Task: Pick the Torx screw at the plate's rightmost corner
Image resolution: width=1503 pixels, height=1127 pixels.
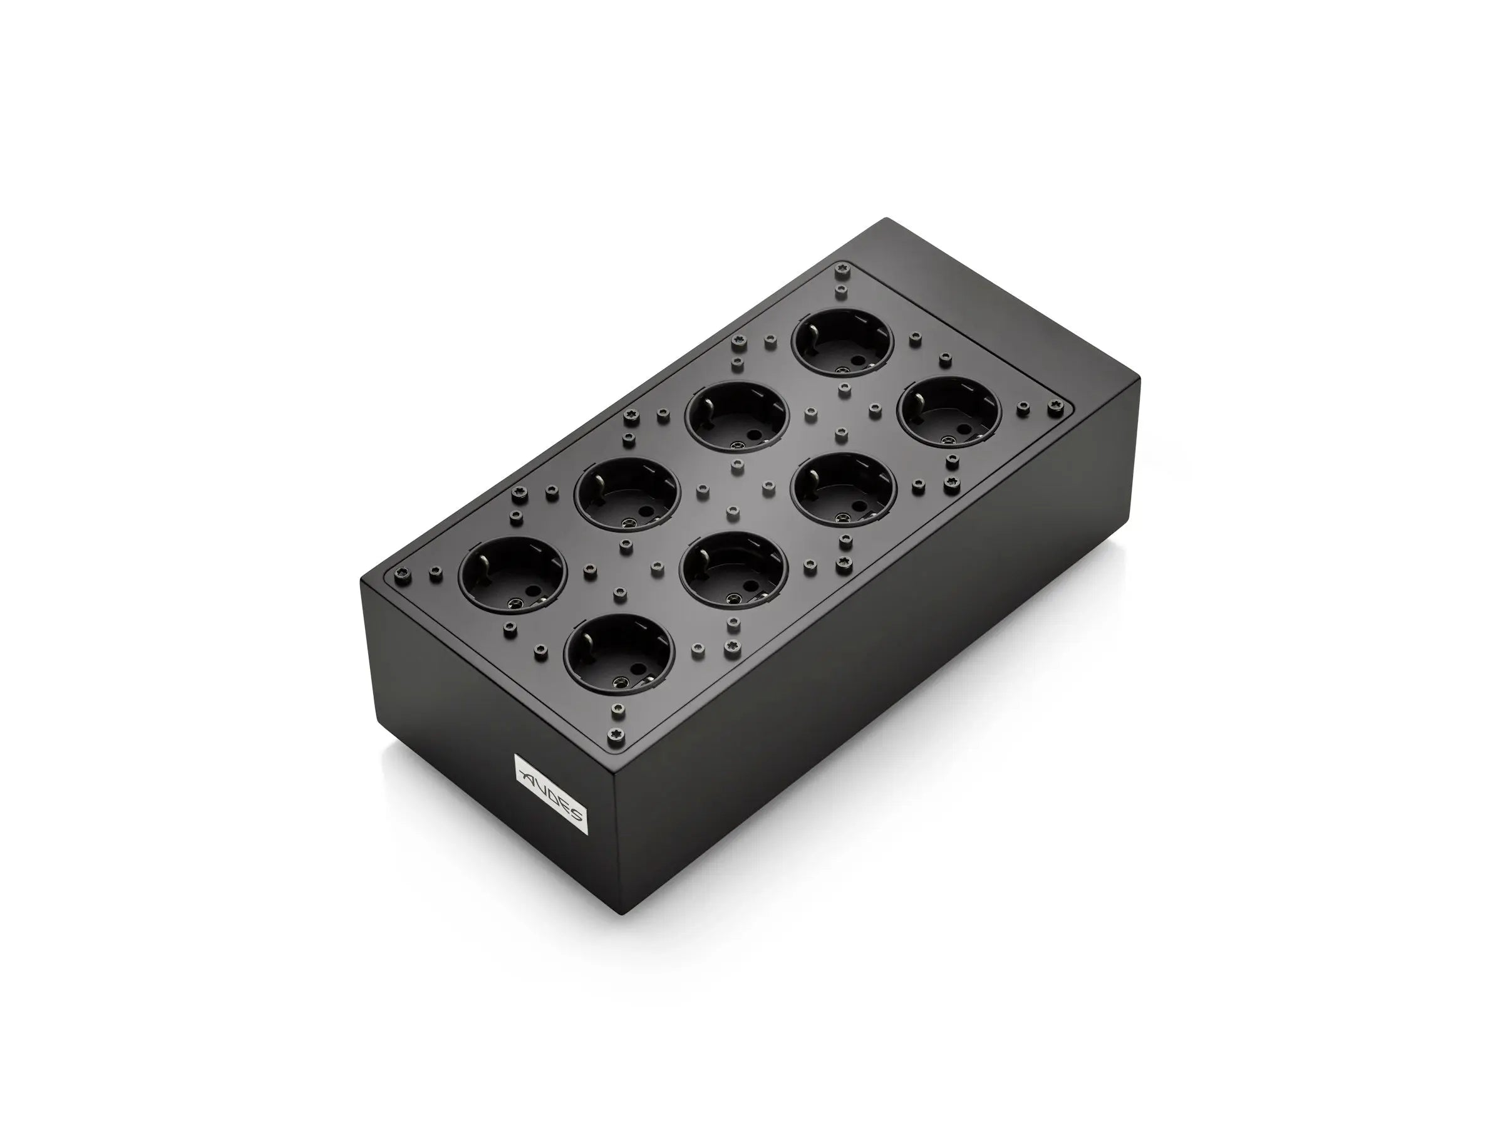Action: [x=1056, y=408]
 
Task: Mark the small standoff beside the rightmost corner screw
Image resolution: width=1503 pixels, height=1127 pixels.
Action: [x=1021, y=407]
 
